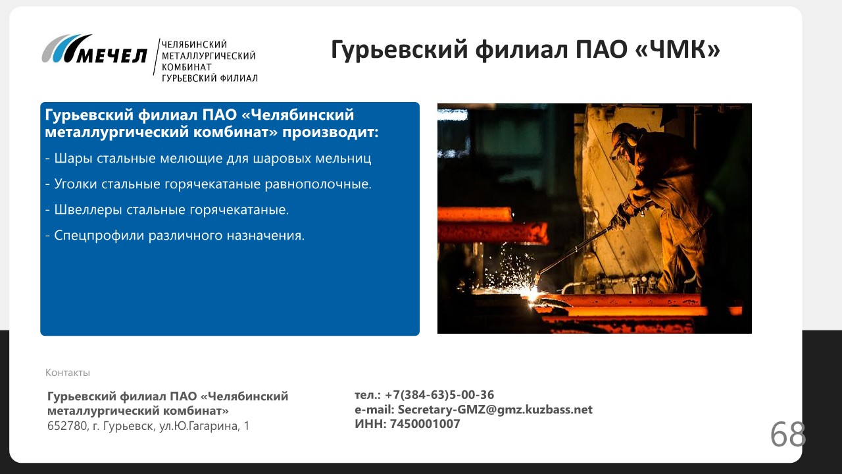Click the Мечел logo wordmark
(x=112, y=56)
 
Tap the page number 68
(x=788, y=434)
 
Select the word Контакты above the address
(x=68, y=373)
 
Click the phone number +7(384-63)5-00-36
(x=439, y=394)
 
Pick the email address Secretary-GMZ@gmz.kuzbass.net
(x=495, y=409)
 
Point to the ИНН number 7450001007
(x=425, y=424)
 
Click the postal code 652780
(x=67, y=426)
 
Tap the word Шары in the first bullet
(x=73, y=159)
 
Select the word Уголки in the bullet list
(x=76, y=184)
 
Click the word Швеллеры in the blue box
(x=88, y=209)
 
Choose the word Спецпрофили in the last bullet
(x=99, y=236)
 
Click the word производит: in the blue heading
(x=330, y=132)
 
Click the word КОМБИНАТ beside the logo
(x=187, y=67)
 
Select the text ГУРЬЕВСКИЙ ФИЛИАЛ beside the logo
(x=210, y=78)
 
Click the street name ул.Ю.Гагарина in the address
(x=200, y=426)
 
